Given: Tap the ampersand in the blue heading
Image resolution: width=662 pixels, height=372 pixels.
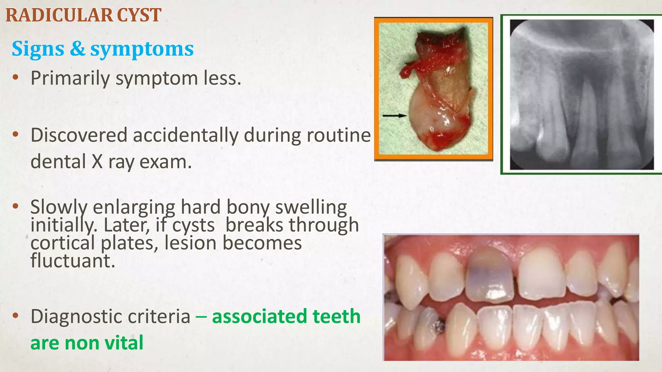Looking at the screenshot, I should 77,49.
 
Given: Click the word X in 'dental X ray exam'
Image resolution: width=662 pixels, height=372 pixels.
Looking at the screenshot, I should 97,161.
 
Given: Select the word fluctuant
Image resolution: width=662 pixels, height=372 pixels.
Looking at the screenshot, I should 73,261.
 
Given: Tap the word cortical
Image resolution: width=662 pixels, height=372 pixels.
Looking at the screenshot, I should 63,243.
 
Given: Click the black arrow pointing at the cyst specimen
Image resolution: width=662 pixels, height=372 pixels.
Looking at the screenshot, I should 394,115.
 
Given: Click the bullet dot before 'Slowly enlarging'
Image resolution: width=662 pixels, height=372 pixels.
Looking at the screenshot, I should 16,207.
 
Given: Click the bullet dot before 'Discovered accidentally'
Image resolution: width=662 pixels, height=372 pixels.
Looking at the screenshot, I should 16,135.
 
